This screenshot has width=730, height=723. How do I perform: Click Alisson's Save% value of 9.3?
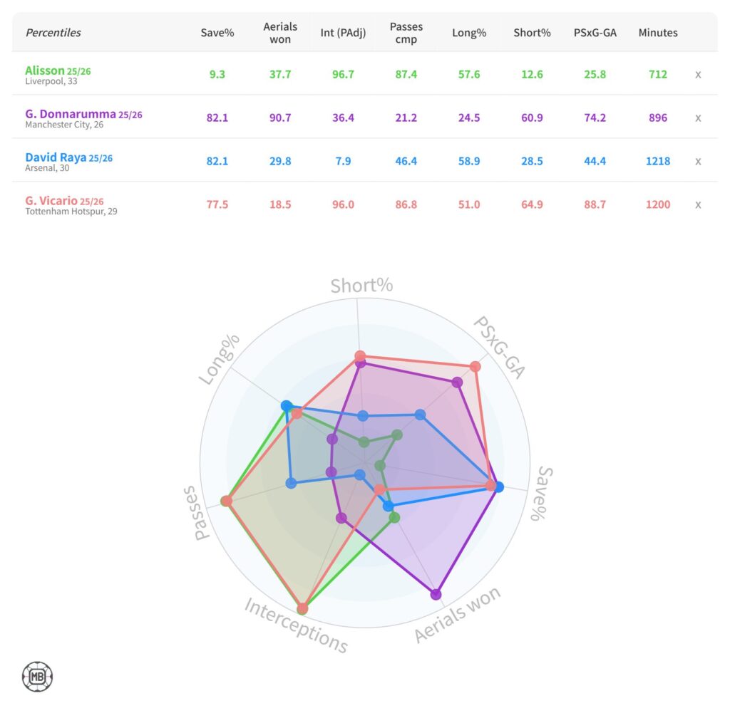[x=217, y=74]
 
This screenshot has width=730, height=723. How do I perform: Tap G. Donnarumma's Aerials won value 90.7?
[x=280, y=118]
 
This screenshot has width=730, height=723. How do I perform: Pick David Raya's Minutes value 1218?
[x=658, y=161]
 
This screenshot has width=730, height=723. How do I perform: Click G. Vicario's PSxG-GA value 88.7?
[x=595, y=204]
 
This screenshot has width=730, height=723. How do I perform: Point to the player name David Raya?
[x=55, y=157]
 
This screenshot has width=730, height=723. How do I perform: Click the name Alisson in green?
[x=45, y=70]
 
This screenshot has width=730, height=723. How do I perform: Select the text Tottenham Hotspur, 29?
[x=71, y=212]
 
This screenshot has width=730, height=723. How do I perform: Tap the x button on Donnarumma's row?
[x=698, y=118]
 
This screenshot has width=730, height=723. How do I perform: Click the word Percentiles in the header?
[x=53, y=33]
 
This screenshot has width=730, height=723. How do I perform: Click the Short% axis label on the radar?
[x=361, y=286]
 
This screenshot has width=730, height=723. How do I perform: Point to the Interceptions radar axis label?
[x=296, y=625]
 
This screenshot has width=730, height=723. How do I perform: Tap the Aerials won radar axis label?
[x=458, y=615]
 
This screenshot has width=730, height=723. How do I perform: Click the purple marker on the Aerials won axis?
[x=436, y=594]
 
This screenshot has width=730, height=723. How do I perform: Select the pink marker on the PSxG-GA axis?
[x=475, y=367]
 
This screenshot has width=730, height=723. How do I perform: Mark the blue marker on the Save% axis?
[x=498, y=487]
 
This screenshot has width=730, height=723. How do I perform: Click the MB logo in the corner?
[x=37, y=677]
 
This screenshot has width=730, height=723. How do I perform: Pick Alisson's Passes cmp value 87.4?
[x=406, y=74]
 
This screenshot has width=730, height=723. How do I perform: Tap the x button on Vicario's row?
[x=698, y=204]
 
